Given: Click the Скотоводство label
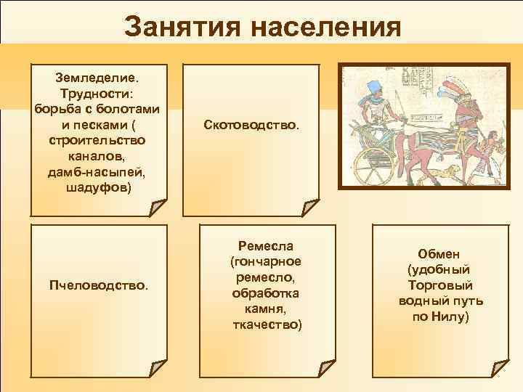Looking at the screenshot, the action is click(x=250, y=126).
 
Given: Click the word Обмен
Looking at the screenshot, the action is click(x=439, y=253).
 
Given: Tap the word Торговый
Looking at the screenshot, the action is click(x=439, y=285).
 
